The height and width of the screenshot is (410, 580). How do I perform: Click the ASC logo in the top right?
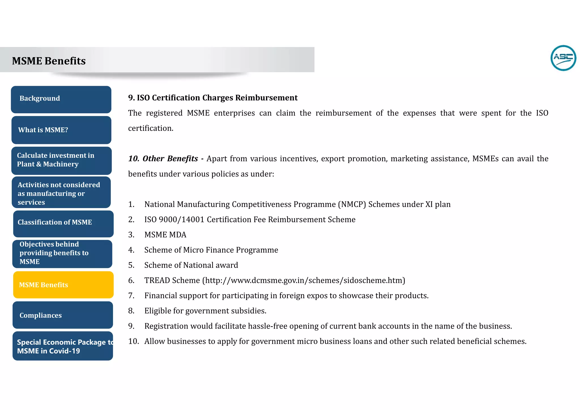click(563, 58)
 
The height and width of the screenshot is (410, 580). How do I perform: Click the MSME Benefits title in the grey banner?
click(49, 61)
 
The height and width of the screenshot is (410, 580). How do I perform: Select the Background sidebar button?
click(61, 99)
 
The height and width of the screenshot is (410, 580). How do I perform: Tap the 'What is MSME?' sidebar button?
click(61, 130)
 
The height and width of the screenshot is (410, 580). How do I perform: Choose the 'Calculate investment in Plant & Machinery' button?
click(61, 161)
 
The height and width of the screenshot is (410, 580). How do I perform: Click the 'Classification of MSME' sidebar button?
click(63, 223)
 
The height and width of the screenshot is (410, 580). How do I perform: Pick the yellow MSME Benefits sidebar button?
click(63, 285)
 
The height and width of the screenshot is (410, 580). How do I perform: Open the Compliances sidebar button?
click(63, 315)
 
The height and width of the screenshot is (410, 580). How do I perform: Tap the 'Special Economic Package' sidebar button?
click(63, 346)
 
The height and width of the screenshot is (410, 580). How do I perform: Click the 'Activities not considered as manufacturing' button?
click(61, 193)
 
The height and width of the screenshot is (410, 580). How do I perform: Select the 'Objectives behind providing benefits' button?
click(62, 254)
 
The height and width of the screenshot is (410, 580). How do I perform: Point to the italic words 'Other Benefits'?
click(170, 159)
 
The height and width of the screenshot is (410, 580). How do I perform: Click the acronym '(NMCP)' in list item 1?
click(352, 204)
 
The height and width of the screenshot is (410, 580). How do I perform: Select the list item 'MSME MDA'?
click(165, 235)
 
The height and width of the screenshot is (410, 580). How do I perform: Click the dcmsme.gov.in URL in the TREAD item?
click(303, 281)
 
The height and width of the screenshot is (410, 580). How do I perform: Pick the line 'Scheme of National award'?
click(191, 265)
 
